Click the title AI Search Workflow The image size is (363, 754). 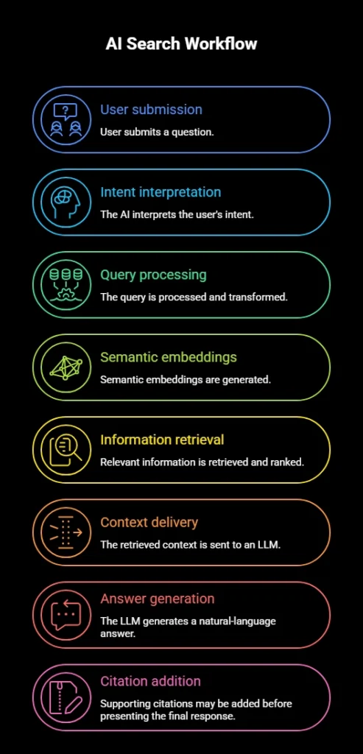181,43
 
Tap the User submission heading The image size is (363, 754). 151,110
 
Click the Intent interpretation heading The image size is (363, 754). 161,192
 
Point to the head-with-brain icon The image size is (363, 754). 66,202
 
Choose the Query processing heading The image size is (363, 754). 153,275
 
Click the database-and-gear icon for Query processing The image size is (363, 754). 66,285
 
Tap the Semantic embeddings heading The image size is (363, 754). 169,358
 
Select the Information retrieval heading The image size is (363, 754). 162,440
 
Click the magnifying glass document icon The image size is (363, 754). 66,451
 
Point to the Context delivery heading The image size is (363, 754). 149,523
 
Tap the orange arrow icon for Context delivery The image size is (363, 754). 66,533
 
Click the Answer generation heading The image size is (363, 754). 158,599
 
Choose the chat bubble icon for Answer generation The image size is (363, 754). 66,615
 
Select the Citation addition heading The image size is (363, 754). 150,681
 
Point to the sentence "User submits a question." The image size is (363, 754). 157,132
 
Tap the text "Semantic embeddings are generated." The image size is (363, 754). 186,380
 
